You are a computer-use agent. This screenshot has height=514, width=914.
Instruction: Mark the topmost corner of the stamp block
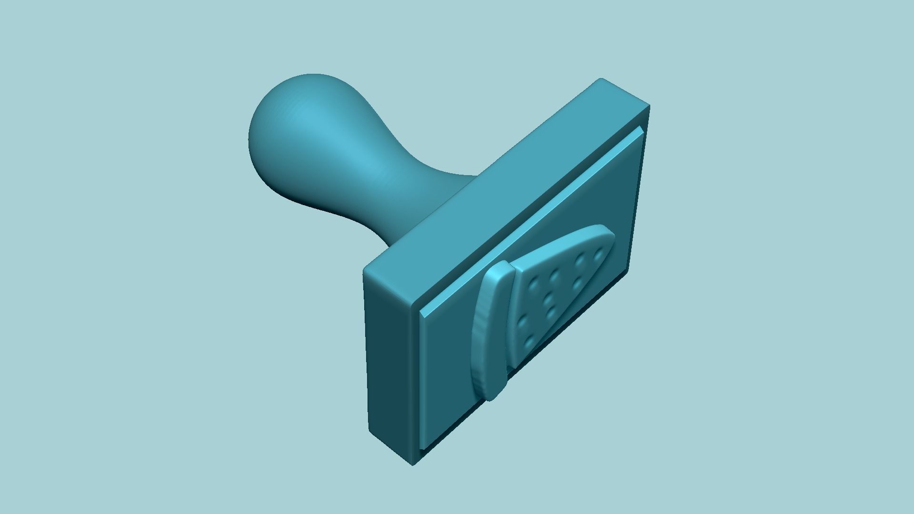(x=601, y=79)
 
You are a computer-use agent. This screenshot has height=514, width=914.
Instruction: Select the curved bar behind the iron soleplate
(x=488, y=333)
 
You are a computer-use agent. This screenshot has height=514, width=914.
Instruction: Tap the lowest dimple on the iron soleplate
(x=527, y=341)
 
